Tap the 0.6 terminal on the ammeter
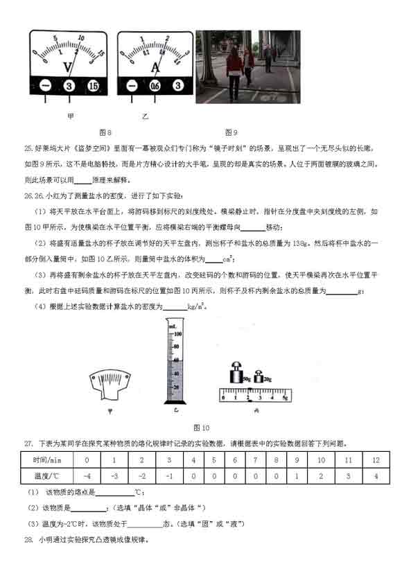[156, 86]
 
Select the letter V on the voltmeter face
[68, 67]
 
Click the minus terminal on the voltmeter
[44, 86]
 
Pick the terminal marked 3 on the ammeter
[178, 86]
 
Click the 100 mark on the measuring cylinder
[177, 333]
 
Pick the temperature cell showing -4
[87, 476]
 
